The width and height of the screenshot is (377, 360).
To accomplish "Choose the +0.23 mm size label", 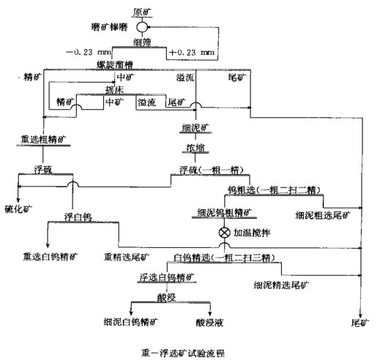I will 193,53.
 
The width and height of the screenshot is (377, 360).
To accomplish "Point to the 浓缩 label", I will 197,147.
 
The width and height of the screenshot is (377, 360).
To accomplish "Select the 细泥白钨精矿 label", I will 132,320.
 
